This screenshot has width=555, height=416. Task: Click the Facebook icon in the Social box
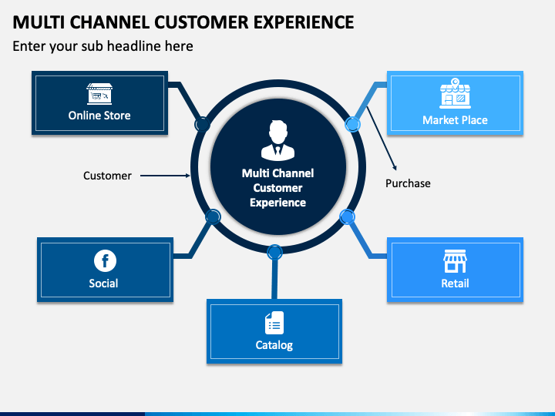(x=105, y=260)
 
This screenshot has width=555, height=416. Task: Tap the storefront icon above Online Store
(x=99, y=94)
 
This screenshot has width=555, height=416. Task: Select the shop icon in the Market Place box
(x=456, y=93)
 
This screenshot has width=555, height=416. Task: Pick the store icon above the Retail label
(x=456, y=261)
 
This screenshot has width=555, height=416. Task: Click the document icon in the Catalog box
(x=274, y=323)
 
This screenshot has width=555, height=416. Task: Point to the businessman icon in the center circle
(x=277, y=140)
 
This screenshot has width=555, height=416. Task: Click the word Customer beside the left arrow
(x=107, y=176)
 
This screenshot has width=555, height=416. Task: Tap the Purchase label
(x=408, y=183)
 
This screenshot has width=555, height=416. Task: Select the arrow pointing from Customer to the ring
(x=165, y=176)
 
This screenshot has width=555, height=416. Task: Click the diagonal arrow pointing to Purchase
(x=382, y=139)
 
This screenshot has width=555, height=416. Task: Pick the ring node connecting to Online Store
(x=203, y=125)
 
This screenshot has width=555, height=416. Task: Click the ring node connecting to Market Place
(x=352, y=124)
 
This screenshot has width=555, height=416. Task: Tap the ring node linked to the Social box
(x=213, y=216)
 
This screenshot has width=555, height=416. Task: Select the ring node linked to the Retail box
(x=347, y=216)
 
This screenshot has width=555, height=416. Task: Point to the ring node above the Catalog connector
(x=274, y=252)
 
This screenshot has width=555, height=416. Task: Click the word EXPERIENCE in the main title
(x=304, y=22)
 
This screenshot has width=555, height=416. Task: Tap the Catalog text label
(x=274, y=345)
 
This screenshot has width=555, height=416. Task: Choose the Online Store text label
(x=99, y=116)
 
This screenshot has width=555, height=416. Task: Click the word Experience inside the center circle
(x=277, y=203)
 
